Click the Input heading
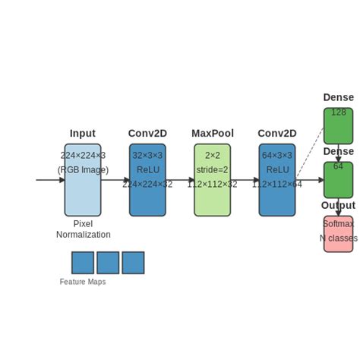point(82,134)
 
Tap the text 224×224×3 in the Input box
point(82,156)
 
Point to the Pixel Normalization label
point(83,229)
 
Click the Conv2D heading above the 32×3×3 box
point(147,134)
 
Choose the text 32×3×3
point(147,156)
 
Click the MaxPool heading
point(212,134)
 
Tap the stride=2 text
point(212,170)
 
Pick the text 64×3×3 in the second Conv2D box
point(276,156)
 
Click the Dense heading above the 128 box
point(338,97)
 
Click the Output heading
point(338,205)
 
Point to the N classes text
point(338,238)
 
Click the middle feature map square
point(108,263)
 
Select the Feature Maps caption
point(83,282)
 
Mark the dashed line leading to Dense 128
point(309,152)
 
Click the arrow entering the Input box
point(50,180)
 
